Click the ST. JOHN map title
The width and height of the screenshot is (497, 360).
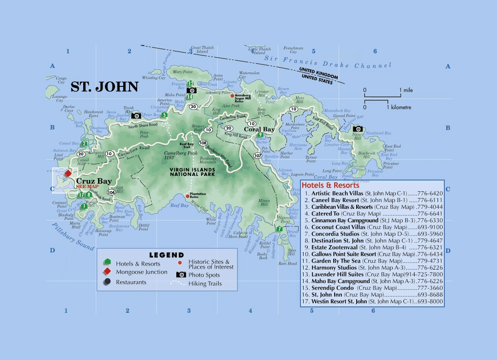[x=104, y=87]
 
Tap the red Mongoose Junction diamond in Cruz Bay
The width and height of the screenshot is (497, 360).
[x=68, y=173]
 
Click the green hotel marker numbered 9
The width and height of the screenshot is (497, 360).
[x=260, y=135]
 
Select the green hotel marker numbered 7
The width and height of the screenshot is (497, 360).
[x=279, y=229]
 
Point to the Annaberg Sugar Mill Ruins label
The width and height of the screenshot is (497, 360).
[x=245, y=98]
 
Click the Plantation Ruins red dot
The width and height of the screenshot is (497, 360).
[x=188, y=196]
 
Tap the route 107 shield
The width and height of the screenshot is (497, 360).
[x=257, y=155]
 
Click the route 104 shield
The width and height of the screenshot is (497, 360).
[x=112, y=192]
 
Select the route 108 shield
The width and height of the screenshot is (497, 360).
[x=203, y=143]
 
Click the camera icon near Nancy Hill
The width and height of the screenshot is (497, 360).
[x=358, y=129]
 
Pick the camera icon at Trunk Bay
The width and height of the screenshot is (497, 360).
[x=136, y=116]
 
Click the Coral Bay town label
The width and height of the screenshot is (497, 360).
[x=259, y=129]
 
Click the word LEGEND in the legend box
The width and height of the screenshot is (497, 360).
[x=166, y=255]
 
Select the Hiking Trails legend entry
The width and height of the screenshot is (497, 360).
[x=203, y=283]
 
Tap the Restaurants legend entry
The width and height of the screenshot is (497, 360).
[x=131, y=282]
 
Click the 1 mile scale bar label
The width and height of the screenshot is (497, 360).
[x=407, y=90]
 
